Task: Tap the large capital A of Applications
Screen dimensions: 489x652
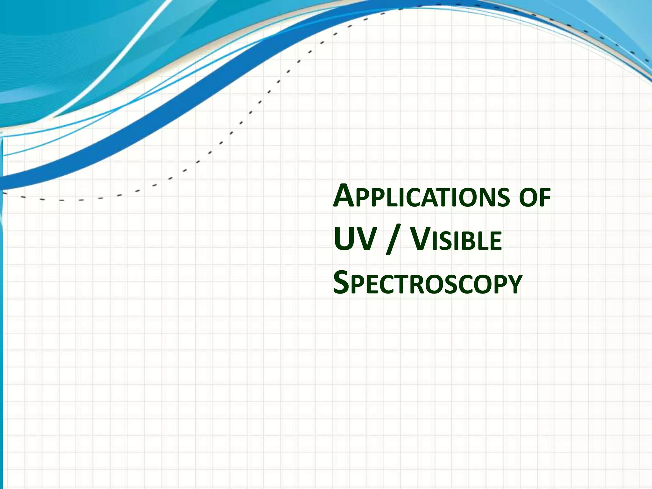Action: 344,197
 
